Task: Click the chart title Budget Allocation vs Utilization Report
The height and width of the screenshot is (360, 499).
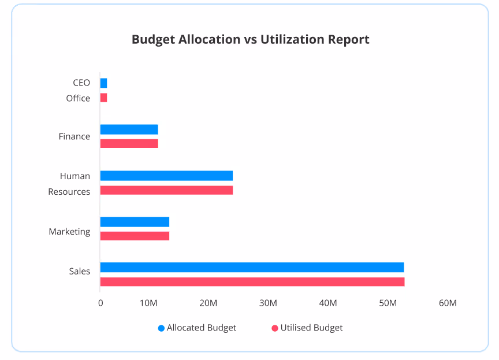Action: pos(250,39)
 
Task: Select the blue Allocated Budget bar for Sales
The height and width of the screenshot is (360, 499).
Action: pos(252,267)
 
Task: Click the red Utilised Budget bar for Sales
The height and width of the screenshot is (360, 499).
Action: pos(252,282)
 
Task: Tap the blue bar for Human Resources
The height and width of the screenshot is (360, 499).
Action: pos(166,176)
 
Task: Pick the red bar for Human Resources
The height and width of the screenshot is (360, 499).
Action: pos(166,190)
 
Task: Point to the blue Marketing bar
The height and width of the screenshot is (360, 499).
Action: pos(135,222)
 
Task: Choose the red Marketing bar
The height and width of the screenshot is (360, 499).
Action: pos(135,236)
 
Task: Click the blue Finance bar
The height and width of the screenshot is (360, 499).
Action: pos(129,129)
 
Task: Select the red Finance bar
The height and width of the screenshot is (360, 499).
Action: pos(129,143)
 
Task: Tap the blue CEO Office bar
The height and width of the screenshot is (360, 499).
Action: pos(103,83)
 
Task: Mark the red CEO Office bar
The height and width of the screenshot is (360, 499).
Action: pos(103,98)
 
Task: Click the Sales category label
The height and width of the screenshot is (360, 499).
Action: pos(80,271)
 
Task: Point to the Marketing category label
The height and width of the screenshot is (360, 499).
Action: pos(69,232)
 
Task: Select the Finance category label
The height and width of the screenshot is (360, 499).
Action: pos(75,136)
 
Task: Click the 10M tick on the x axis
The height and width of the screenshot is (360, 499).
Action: pos(148,303)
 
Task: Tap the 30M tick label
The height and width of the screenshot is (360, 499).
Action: pos(268,303)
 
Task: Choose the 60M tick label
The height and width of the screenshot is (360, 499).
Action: pos(447,303)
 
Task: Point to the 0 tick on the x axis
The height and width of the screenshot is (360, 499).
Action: pos(100,303)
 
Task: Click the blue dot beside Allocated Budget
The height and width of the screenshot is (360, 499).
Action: pos(161,328)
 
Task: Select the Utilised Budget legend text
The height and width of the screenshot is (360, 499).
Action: pos(311,328)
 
